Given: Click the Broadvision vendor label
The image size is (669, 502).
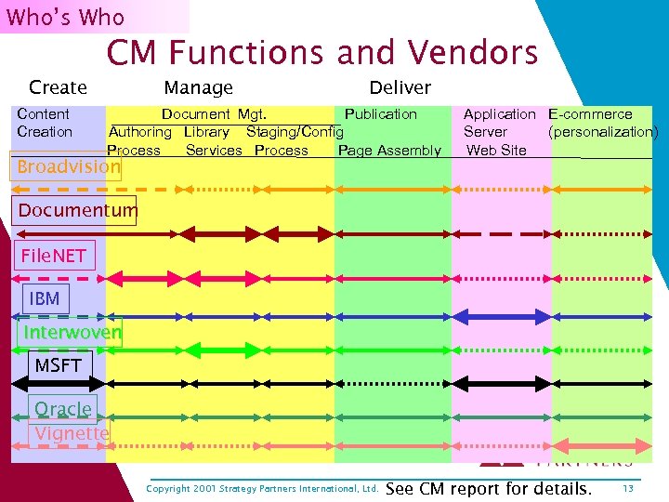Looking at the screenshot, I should [69, 166].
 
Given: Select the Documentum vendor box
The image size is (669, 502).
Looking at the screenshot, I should [77, 210].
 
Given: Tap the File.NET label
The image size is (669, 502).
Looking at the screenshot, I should [53, 255].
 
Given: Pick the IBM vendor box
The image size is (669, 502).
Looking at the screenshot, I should [45, 298].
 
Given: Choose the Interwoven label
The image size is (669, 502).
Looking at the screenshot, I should [72, 332].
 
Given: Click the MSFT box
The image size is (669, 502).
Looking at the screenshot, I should [59, 365].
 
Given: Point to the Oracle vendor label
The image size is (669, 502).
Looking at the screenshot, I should [63, 408].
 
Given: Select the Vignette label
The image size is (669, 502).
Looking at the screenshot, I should [72, 433].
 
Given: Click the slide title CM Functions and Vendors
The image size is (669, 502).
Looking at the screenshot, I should [321, 53].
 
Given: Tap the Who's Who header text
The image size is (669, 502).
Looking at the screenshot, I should [65, 17].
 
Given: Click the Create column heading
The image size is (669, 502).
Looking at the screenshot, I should [58, 87].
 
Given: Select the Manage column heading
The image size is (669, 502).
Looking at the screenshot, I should [198, 87].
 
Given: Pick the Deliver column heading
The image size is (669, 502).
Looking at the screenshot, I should [400, 87].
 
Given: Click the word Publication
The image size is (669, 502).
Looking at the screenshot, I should [380, 114].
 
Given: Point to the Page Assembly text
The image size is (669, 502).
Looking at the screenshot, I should [389, 151].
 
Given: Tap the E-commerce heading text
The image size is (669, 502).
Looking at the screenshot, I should [590, 114].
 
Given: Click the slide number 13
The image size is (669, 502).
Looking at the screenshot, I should [628, 488].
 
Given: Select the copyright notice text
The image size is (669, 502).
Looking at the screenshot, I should [262, 489].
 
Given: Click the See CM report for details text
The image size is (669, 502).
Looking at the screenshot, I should [487, 488].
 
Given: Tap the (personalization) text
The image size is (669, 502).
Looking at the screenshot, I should [603, 132].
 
